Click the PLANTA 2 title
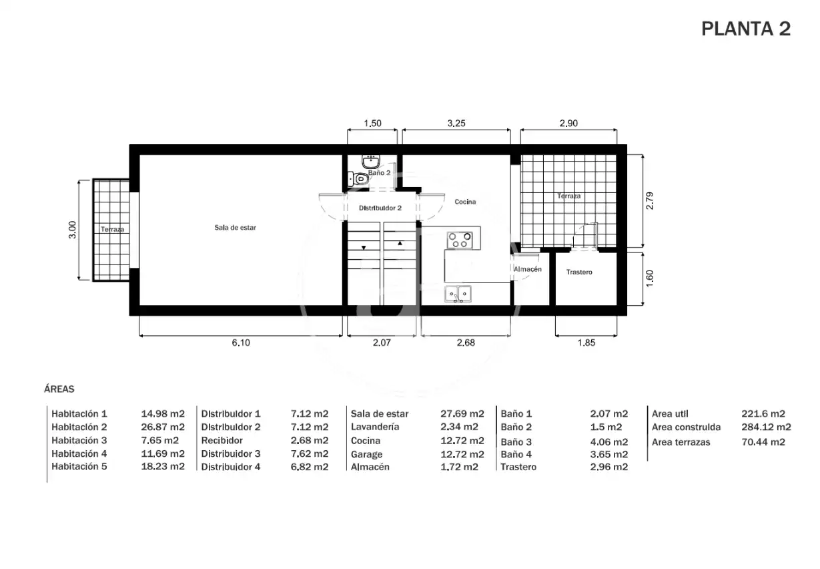tap(746, 29)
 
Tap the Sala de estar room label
tap(235, 228)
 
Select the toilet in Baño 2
tap(358, 179)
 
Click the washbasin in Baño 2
tap(371, 161)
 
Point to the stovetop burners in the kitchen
tap(460, 240)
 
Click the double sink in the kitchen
tap(458, 294)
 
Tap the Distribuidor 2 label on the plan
tap(380, 208)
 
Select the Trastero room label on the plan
tap(579, 272)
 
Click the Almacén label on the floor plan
tap(528, 269)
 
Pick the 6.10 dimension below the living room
tap(241, 343)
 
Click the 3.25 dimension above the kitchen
tap(456, 123)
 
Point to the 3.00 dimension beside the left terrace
tap(73, 230)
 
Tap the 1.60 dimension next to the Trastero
tap(649, 278)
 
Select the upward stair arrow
tap(400, 243)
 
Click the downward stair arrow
tap(364, 248)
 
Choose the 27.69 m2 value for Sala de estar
tap(462, 413)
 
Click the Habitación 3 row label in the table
tap(79, 440)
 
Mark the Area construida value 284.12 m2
tap(766, 427)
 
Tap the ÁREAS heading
tap(59, 389)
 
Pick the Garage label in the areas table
tap(366, 454)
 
